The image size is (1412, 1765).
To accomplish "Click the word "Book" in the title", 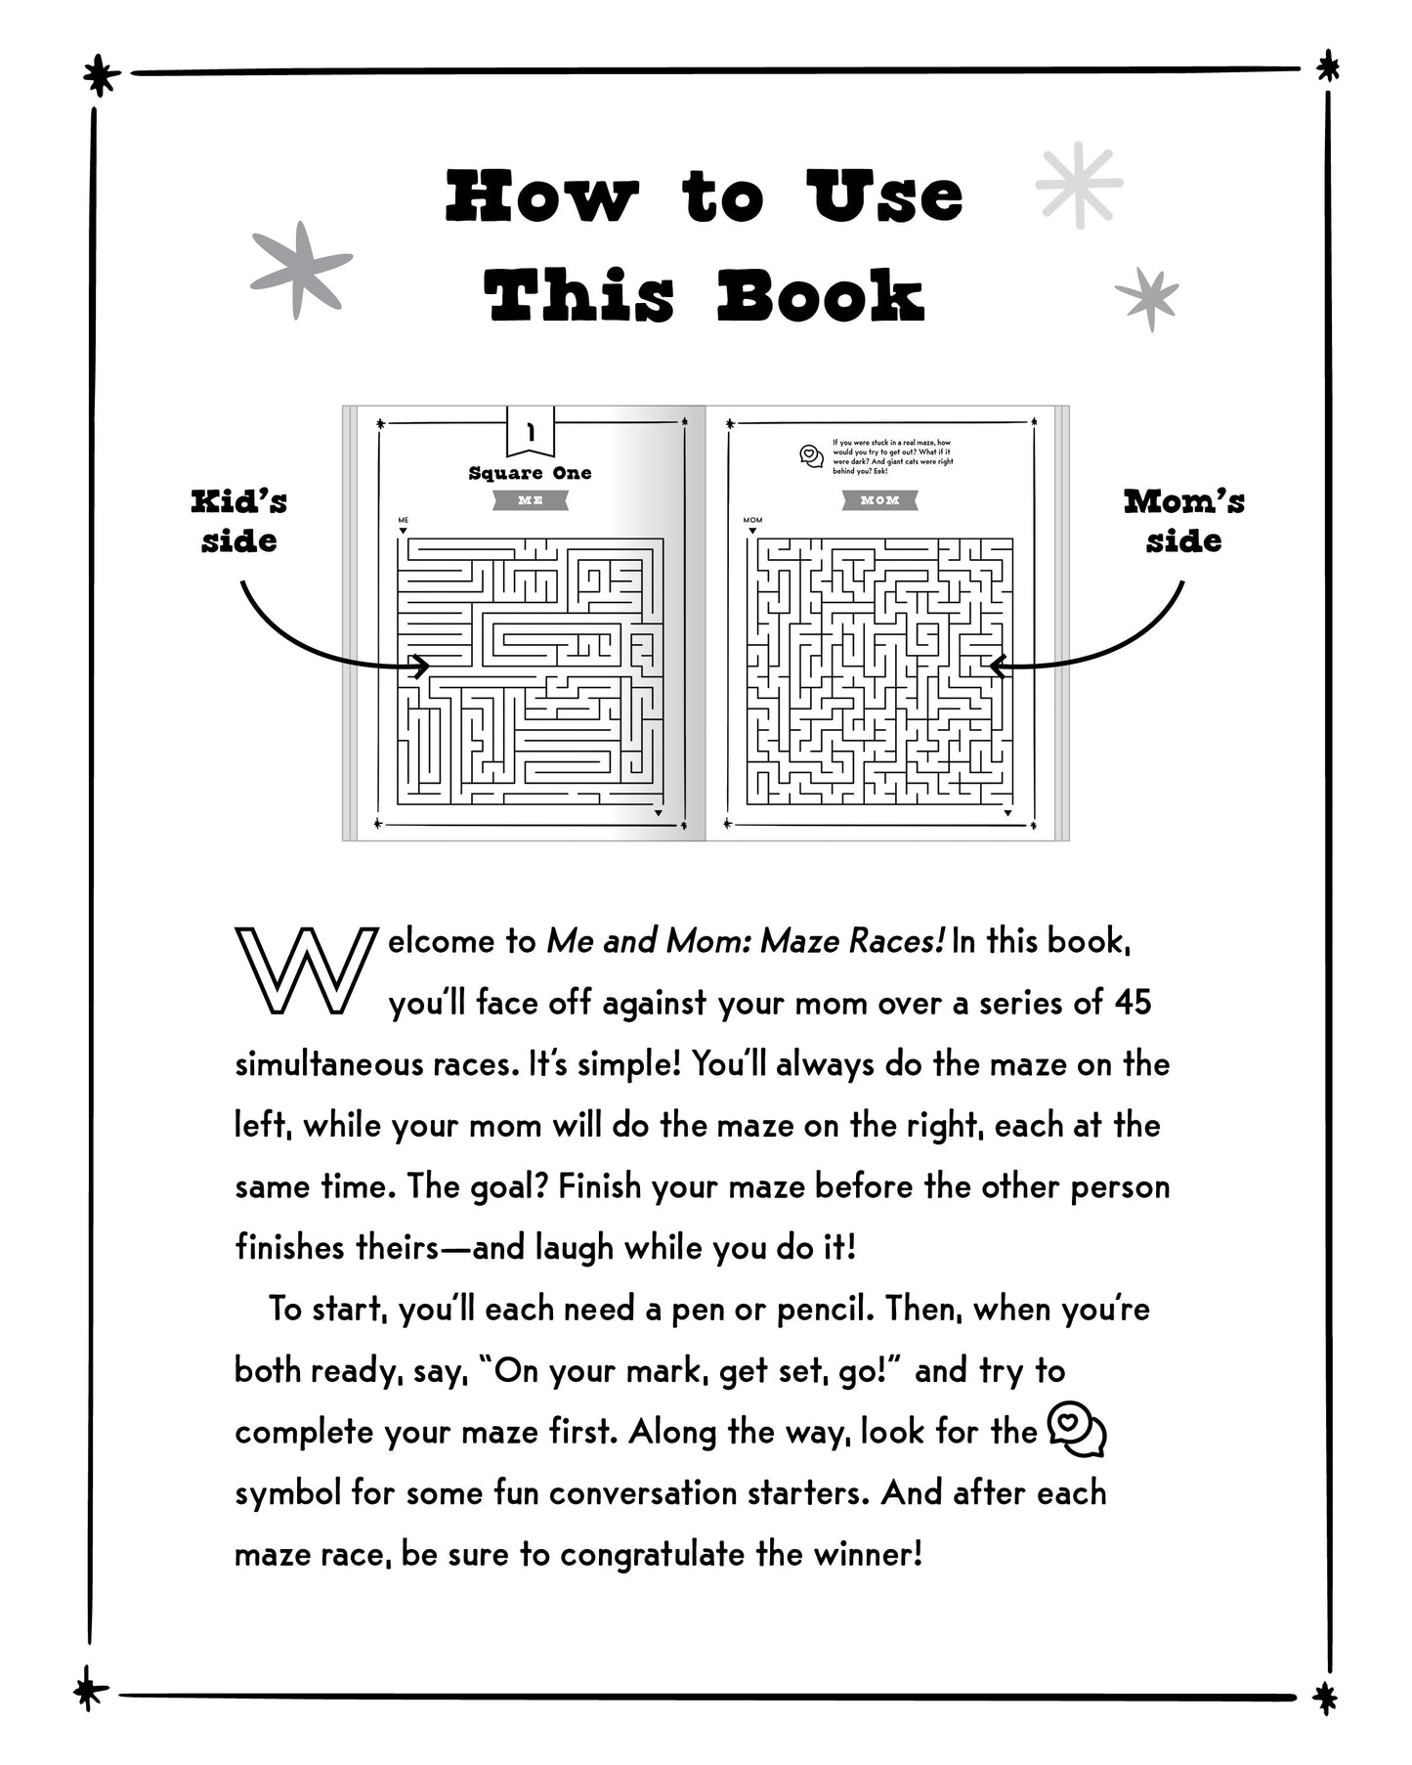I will click(x=821, y=296).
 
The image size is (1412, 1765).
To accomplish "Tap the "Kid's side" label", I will click(x=239, y=521).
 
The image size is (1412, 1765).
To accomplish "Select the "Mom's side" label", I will click(x=1183, y=521).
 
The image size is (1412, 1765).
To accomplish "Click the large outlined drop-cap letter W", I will click(x=305, y=970).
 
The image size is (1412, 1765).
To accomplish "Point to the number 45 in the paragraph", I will click(x=1133, y=1003).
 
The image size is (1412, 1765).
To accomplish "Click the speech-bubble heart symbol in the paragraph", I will click(x=1076, y=1431).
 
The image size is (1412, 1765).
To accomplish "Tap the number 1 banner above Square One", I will click(x=531, y=431).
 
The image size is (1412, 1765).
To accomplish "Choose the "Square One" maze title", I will click(x=530, y=473).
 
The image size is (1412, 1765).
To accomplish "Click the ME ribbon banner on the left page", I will click(x=530, y=500).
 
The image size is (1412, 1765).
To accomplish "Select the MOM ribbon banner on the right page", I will click(x=879, y=500).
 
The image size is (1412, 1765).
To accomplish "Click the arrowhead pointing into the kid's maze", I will click(x=421, y=667).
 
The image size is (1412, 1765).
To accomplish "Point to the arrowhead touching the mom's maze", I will click(x=998, y=667).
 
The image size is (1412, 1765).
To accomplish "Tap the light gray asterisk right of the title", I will click(x=1079, y=186).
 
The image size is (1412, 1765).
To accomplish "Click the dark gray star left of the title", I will click(x=300, y=270).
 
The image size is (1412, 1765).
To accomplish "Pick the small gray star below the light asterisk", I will click(x=1147, y=297).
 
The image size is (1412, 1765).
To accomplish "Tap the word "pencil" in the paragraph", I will click(x=821, y=1309).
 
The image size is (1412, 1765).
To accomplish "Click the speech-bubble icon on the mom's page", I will click(x=811, y=455).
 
